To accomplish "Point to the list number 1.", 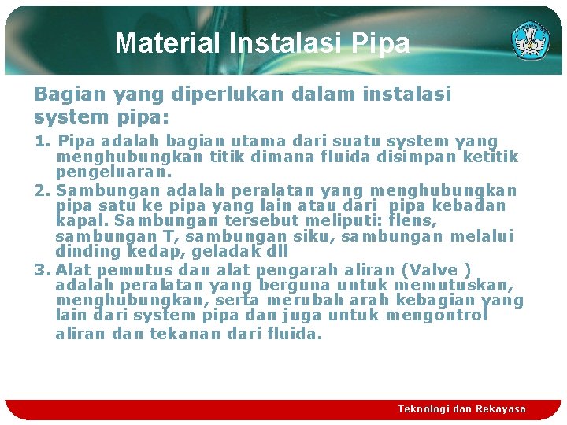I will coord(40,142).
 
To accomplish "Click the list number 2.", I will coord(41,191).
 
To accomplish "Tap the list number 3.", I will coord(41,269).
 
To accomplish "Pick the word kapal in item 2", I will coord(78,221).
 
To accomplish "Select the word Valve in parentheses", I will coord(442,269).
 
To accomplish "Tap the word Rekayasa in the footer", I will coord(500,409).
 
